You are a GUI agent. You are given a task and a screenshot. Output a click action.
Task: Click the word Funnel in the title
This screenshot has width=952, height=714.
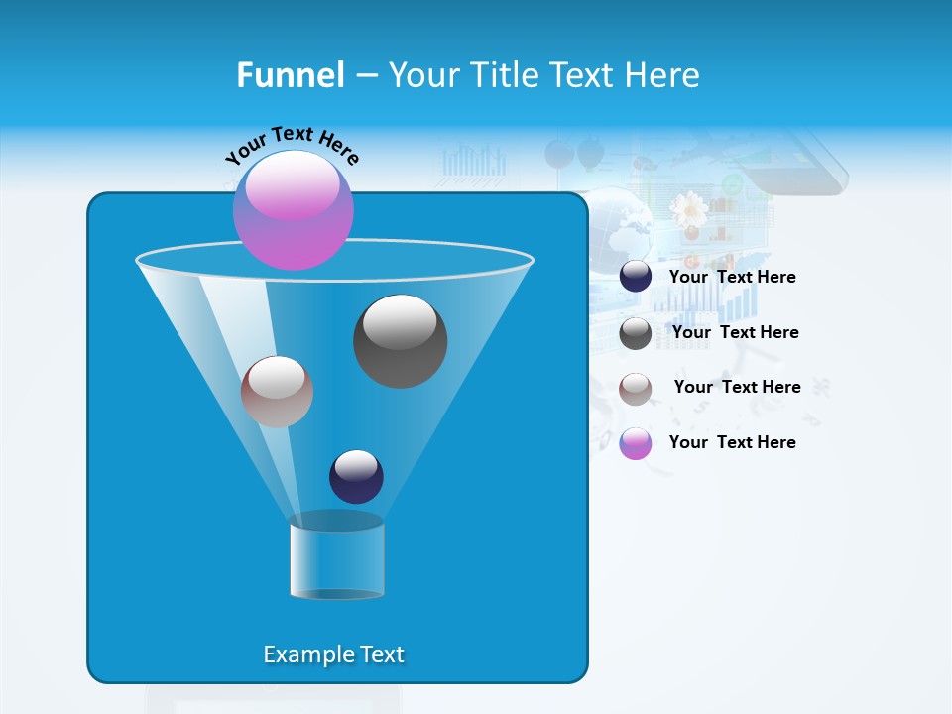(291, 74)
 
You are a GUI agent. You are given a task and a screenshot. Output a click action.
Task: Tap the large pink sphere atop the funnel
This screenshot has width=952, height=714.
(294, 209)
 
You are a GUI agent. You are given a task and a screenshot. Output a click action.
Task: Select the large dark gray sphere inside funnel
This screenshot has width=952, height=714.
(400, 340)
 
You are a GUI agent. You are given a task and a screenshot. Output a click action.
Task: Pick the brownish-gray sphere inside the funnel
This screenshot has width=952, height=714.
(277, 392)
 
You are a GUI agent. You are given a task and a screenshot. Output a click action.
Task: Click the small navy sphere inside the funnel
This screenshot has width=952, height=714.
(356, 476)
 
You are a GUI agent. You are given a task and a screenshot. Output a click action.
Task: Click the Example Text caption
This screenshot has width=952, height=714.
(333, 654)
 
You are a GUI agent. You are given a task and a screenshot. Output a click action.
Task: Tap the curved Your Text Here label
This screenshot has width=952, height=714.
(292, 143)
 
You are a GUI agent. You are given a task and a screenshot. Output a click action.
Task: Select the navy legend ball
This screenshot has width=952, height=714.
(636, 277)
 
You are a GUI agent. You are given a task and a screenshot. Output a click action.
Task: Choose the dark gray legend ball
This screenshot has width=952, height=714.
(636, 333)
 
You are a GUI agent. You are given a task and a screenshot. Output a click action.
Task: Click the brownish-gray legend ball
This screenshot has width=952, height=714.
(636, 389)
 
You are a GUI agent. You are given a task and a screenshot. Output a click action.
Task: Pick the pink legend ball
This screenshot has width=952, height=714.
(636, 443)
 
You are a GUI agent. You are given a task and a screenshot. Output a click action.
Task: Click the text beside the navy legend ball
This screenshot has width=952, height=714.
(732, 277)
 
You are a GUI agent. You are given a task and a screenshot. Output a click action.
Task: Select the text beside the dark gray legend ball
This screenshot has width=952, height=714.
(735, 332)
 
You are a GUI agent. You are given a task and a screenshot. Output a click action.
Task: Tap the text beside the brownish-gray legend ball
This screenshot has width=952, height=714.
(737, 387)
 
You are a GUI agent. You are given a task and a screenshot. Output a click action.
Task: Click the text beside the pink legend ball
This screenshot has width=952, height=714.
(732, 442)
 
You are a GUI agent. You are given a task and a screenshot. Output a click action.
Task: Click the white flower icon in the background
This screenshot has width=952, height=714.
(687, 209)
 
